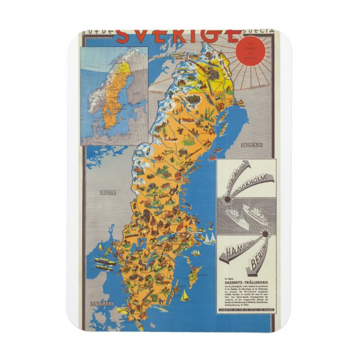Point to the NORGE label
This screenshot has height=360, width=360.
point(107,193)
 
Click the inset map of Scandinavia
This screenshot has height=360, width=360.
point(114,96)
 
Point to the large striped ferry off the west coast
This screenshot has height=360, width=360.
point(105,262)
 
